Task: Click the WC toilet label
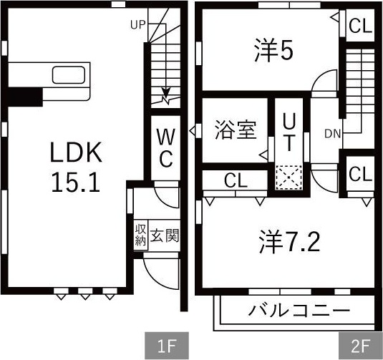point(165,146)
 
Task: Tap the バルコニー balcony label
point(299,311)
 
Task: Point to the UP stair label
point(138,25)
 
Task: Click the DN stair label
point(332,133)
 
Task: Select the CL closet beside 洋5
point(360,26)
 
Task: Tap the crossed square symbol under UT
point(289,176)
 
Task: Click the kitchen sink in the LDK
point(69,74)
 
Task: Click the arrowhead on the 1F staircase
point(167,92)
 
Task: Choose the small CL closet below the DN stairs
point(360,174)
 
